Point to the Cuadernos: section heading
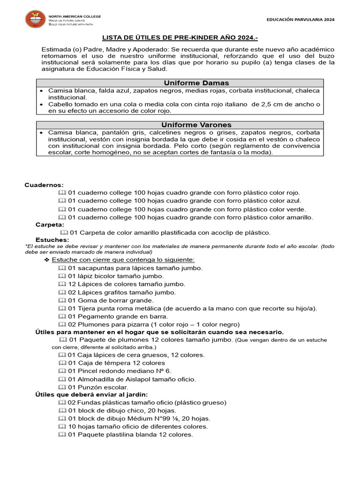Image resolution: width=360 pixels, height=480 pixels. click(44, 185)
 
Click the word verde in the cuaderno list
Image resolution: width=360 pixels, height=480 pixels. click(295, 209)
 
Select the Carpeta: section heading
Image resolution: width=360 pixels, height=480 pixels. click(50, 225)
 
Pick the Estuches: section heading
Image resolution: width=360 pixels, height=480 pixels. click(52, 240)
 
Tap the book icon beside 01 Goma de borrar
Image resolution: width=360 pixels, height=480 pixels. click(62, 300)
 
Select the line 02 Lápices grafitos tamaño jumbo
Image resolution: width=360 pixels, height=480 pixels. click(122, 292)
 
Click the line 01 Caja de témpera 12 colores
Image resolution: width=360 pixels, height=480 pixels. click(116, 363)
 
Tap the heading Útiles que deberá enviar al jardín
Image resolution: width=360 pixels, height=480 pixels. click(92, 395)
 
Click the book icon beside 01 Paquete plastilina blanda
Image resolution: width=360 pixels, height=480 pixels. click(62, 435)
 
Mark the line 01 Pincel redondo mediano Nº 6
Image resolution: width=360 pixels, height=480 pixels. click(120, 371)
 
